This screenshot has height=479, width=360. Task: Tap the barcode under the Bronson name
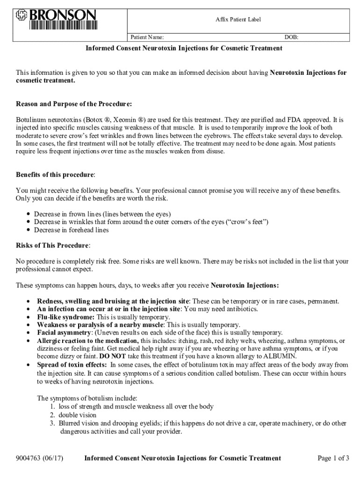tap(64, 25)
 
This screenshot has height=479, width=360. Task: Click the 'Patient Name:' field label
tap(147, 37)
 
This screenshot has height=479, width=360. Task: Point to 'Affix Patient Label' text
tap(238, 19)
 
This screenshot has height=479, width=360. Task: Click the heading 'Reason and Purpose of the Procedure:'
tap(74, 103)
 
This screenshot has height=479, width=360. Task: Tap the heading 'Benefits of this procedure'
tap(55, 174)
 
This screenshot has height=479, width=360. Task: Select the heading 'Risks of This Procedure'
tap(52, 245)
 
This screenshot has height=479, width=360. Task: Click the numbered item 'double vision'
tap(78, 415)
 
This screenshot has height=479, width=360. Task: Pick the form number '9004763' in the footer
tap(29, 458)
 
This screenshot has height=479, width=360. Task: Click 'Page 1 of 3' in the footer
tap(333, 458)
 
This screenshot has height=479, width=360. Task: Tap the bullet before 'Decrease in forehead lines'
tap(29, 230)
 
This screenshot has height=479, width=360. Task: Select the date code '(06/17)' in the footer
tap(54, 458)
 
